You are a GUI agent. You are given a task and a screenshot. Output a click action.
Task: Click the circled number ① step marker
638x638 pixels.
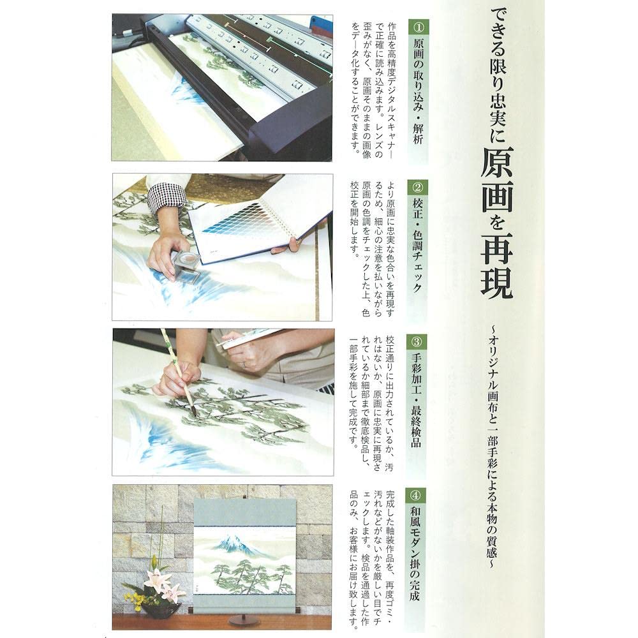coord(418,27)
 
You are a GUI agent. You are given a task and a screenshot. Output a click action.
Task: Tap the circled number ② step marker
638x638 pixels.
coord(418,188)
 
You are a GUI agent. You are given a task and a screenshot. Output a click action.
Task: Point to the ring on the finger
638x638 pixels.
coord(244,364)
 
